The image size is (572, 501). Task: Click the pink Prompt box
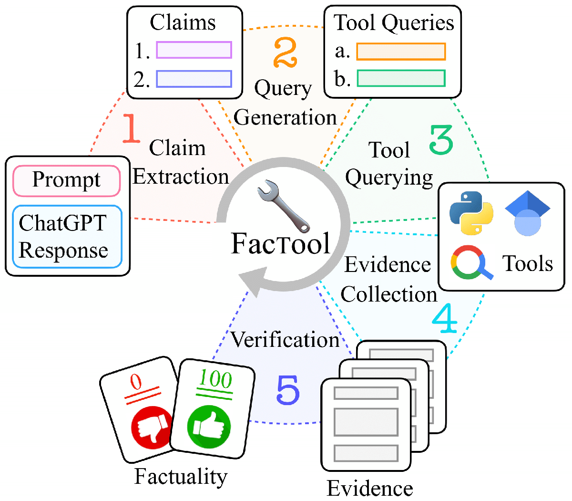pyautogui.click(x=67, y=181)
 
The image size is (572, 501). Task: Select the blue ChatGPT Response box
pyautogui.click(x=67, y=237)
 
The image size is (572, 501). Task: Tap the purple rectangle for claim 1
pyautogui.click(x=194, y=50)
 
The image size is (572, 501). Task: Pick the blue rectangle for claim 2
pyautogui.click(x=194, y=79)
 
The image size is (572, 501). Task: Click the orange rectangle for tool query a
pyautogui.click(x=400, y=52)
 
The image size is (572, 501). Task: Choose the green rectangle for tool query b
pyautogui.click(x=401, y=78)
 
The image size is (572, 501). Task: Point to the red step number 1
pyautogui.click(x=131, y=128)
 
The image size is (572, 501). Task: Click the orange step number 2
pyautogui.click(x=285, y=52)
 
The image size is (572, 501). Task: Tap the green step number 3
pyautogui.click(x=441, y=139)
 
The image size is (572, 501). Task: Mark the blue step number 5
pyautogui.click(x=288, y=390)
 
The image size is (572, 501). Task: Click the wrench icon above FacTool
pyautogui.click(x=283, y=206)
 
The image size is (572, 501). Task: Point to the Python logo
pyautogui.click(x=471, y=213)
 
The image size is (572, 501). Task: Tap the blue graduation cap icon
pyautogui.click(x=528, y=213)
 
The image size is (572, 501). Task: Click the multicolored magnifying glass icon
pyautogui.click(x=471, y=262)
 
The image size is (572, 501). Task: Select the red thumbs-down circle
pyautogui.click(x=150, y=427)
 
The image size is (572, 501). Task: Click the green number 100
pyautogui.click(x=215, y=379)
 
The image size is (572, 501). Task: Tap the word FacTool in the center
pyautogui.click(x=281, y=243)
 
